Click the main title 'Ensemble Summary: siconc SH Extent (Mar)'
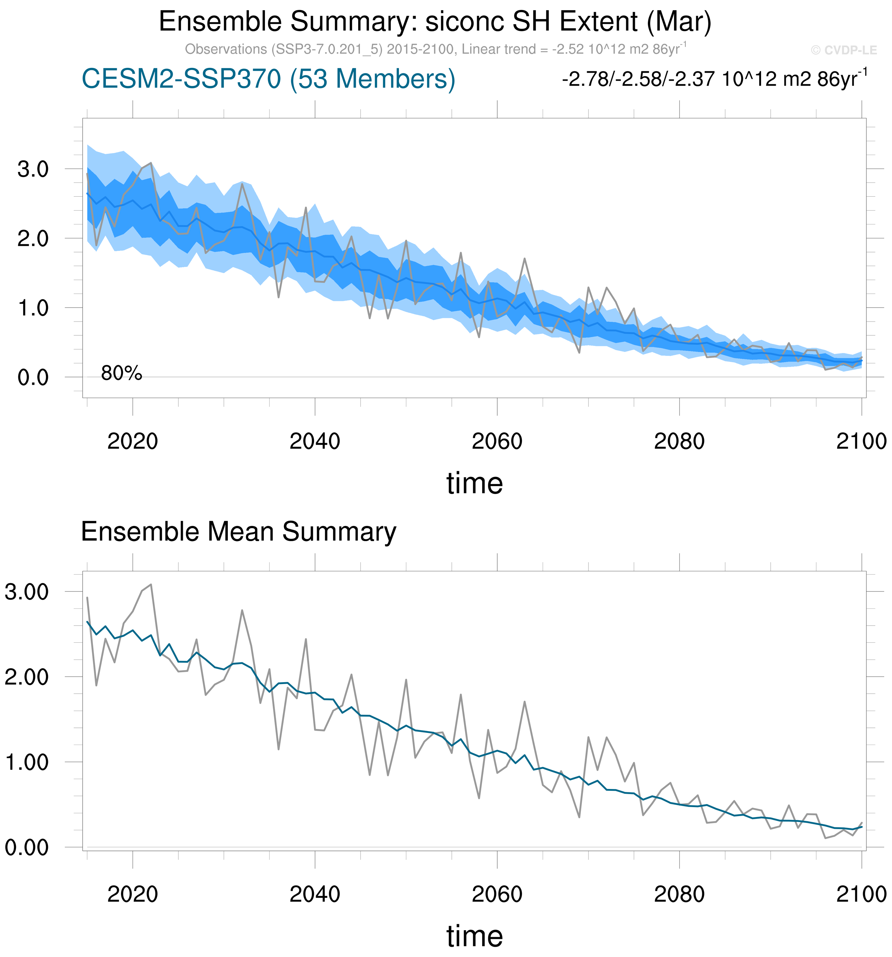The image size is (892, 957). coord(435,22)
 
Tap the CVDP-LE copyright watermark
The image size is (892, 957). coord(843,50)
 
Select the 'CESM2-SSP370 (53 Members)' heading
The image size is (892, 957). coord(268,78)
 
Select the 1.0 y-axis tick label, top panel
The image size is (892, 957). coord(33,308)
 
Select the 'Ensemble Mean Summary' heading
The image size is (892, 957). coord(238,532)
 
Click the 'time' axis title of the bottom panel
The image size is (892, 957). coord(474,936)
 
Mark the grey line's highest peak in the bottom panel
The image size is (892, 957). coord(151,585)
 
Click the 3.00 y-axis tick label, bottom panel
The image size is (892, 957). coord(27,592)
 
